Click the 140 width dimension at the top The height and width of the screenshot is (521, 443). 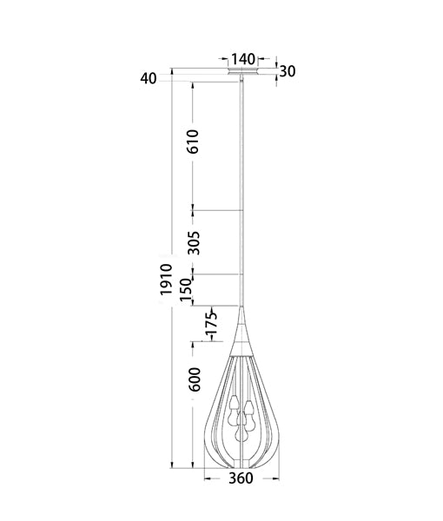244,58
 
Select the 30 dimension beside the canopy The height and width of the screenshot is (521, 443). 289,71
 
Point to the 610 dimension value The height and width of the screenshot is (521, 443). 193,142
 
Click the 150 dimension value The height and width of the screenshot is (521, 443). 186,291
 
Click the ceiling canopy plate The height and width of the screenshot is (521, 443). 243,72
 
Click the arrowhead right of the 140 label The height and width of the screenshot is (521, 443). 258,60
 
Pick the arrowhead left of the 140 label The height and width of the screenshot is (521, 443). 229,60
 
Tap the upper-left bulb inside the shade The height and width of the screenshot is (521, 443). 234,401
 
